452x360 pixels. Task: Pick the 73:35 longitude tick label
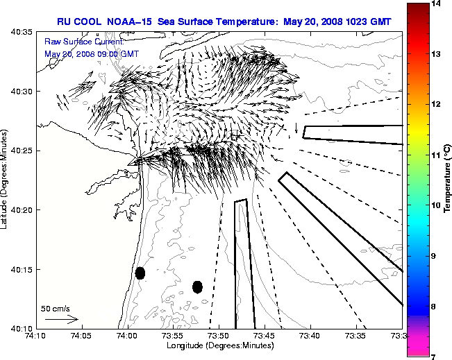pyautogui.click(x=356, y=336)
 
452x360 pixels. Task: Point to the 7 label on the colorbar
pyautogui.click(x=434, y=356)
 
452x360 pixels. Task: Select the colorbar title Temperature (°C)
pyautogui.click(x=448, y=180)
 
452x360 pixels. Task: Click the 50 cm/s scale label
pyautogui.click(x=56, y=308)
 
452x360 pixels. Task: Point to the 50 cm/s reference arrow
pyautogui.click(x=61, y=320)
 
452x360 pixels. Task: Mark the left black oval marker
pyautogui.click(x=140, y=273)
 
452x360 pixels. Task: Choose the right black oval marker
pyautogui.click(x=197, y=286)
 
